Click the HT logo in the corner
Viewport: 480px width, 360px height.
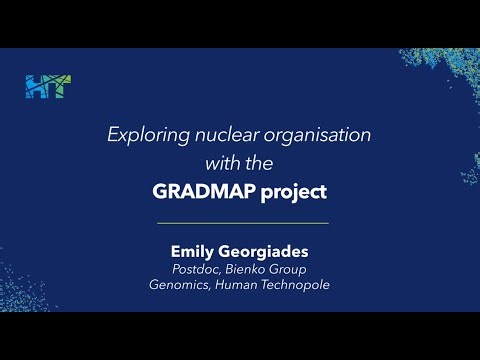pyautogui.click(x=48, y=87)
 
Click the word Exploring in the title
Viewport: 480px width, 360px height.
pyautogui.click(x=142, y=136)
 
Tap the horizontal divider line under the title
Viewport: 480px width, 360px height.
pyautogui.click(x=241, y=222)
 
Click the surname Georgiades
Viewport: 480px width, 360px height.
pyautogui.click(x=265, y=251)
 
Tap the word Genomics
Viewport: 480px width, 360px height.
pyautogui.click(x=179, y=284)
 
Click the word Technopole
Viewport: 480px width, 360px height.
pyautogui.click(x=298, y=284)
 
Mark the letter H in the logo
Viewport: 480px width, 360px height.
pyautogui.click(x=35, y=87)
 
